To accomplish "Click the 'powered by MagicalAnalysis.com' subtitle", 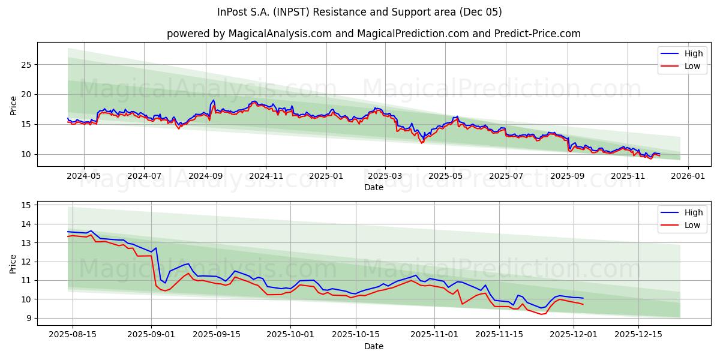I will [373, 34].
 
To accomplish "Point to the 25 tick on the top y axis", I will [26, 64].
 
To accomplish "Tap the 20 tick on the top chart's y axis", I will [26, 94].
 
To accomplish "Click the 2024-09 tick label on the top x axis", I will [205, 176].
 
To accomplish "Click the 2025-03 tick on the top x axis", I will [385, 176].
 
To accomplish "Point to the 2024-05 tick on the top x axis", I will [83, 176].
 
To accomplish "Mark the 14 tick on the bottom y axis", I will [26, 224].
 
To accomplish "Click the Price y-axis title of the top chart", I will [14, 104].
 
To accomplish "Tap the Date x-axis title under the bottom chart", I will [373, 346].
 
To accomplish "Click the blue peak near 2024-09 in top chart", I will [213, 100].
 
